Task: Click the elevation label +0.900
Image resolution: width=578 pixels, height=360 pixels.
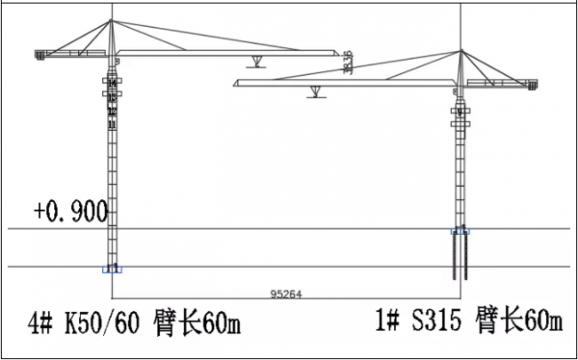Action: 70,212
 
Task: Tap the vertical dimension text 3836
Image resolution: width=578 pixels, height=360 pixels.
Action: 347,62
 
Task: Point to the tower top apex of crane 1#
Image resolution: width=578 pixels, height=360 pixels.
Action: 461,51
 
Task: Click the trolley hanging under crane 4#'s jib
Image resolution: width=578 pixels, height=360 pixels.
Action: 256,60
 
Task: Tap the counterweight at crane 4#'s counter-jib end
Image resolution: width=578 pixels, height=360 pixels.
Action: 40,55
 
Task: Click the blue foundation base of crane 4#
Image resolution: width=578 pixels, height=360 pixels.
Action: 112,268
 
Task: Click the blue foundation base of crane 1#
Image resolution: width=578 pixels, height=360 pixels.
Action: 461,231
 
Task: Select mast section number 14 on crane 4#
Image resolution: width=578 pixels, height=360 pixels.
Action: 112,83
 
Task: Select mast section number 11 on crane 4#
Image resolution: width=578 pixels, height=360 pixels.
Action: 112,125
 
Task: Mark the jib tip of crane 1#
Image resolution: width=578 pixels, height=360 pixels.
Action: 233,84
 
